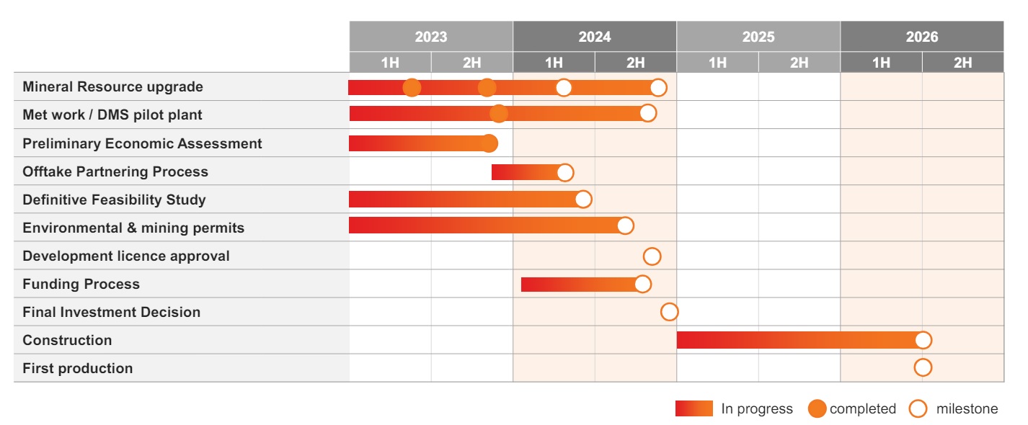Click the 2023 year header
pos(431,37)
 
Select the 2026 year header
pos(922,37)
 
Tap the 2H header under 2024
pos(636,63)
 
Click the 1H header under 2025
pos(717,63)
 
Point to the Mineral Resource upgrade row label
pos(113,86)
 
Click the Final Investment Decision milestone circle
pos(670,312)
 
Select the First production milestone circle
pos(923,367)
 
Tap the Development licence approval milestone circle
pos(652,256)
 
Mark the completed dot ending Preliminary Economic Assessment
pos(489,143)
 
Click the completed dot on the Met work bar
pos(499,114)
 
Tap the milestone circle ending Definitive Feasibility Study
pos(583,200)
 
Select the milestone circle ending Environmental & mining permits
pos(625,225)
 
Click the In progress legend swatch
pos(694,408)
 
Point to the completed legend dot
pos(817,408)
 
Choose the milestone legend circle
pos(918,408)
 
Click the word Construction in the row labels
pos(67,340)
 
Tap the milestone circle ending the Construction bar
pos(923,340)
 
